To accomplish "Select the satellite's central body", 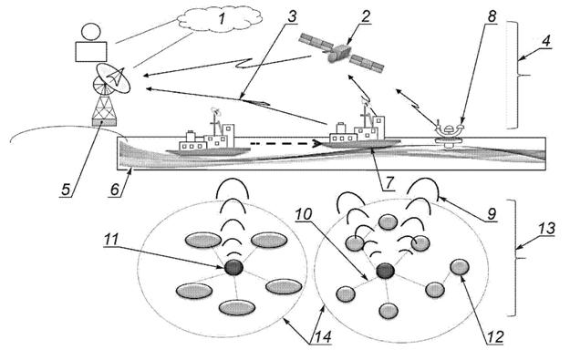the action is coord(339,53).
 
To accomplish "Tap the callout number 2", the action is coord(365,16).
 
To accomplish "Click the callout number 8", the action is coord(492,16).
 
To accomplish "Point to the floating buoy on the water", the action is coord(450,134).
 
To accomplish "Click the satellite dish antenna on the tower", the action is coord(112,78).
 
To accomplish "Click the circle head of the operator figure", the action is coord(90,32).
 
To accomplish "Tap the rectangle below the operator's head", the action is coord(91,52).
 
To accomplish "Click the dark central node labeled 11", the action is coord(233,268).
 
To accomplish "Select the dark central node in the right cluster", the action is coord(385,271).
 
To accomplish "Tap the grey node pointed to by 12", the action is coord(460,267).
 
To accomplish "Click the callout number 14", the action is coord(322,336).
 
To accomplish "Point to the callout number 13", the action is coord(545,229).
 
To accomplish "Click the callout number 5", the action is coord(66,190).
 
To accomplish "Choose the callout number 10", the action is coord(303,214).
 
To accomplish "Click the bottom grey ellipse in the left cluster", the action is coord(237,308).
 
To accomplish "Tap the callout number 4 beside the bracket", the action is coord(545,41).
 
